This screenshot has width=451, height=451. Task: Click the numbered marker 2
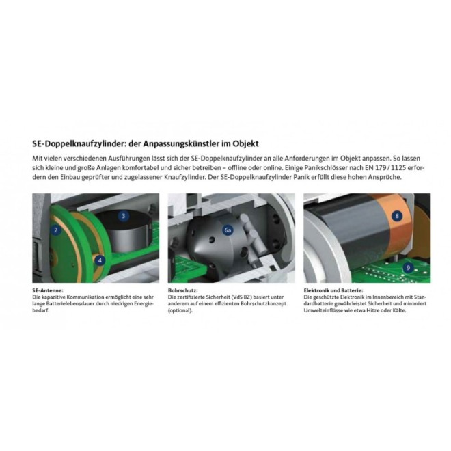coord(56,230)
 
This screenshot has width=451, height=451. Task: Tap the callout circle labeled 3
coord(123,216)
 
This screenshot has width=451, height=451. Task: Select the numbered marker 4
coord(100,260)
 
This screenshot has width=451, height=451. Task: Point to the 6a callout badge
coord(229,232)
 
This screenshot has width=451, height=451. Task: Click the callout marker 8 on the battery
coord(397,217)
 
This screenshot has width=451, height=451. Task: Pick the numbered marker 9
coord(408,267)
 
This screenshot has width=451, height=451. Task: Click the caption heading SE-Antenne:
coord(46,290)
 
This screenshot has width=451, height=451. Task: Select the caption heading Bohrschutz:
coord(183,290)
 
